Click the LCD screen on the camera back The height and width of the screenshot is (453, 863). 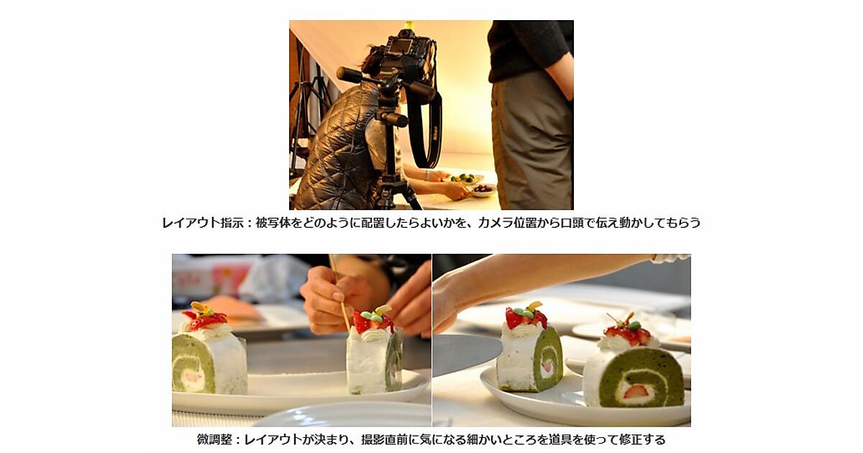398,47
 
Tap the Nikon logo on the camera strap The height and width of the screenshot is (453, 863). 435,136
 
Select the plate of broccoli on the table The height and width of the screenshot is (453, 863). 465,179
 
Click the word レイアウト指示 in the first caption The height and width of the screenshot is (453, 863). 203,223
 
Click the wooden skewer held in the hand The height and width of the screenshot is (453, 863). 339,293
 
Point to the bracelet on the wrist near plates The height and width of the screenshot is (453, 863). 427,175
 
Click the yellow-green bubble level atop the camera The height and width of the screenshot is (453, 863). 409,25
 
